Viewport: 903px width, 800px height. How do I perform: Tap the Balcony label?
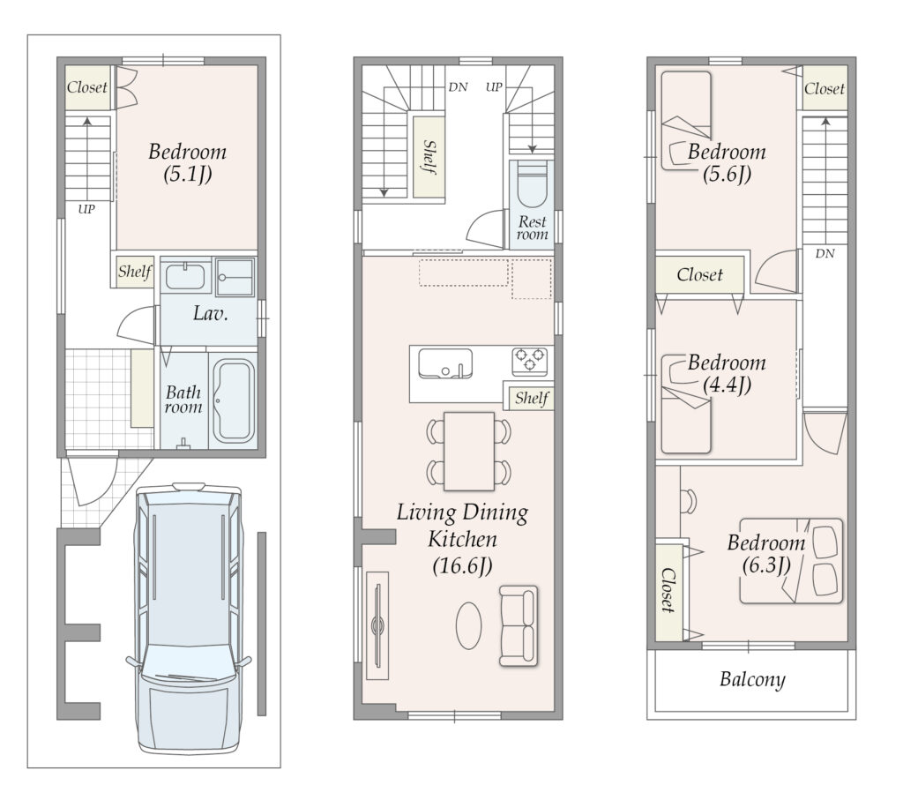point(752,680)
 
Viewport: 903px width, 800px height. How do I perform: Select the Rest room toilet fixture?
point(532,184)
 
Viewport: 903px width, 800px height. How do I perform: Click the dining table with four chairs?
point(469,452)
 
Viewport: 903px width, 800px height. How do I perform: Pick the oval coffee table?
point(469,625)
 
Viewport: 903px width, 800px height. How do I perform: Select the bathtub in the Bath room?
point(234,401)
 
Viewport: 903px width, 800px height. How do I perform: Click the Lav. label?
point(210,313)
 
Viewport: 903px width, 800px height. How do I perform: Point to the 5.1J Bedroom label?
point(187,162)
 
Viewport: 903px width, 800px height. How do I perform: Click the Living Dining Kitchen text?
point(462,526)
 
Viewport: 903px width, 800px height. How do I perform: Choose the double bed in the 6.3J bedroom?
point(791,561)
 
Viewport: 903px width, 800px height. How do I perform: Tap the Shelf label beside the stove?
point(532,398)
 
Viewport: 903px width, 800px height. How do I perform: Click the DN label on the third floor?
point(825,253)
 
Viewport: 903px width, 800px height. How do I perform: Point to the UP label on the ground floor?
point(86,209)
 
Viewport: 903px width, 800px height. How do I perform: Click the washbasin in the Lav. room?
point(185,276)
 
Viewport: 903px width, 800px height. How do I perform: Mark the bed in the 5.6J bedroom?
point(686,120)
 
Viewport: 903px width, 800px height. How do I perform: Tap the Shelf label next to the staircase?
point(429,157)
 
